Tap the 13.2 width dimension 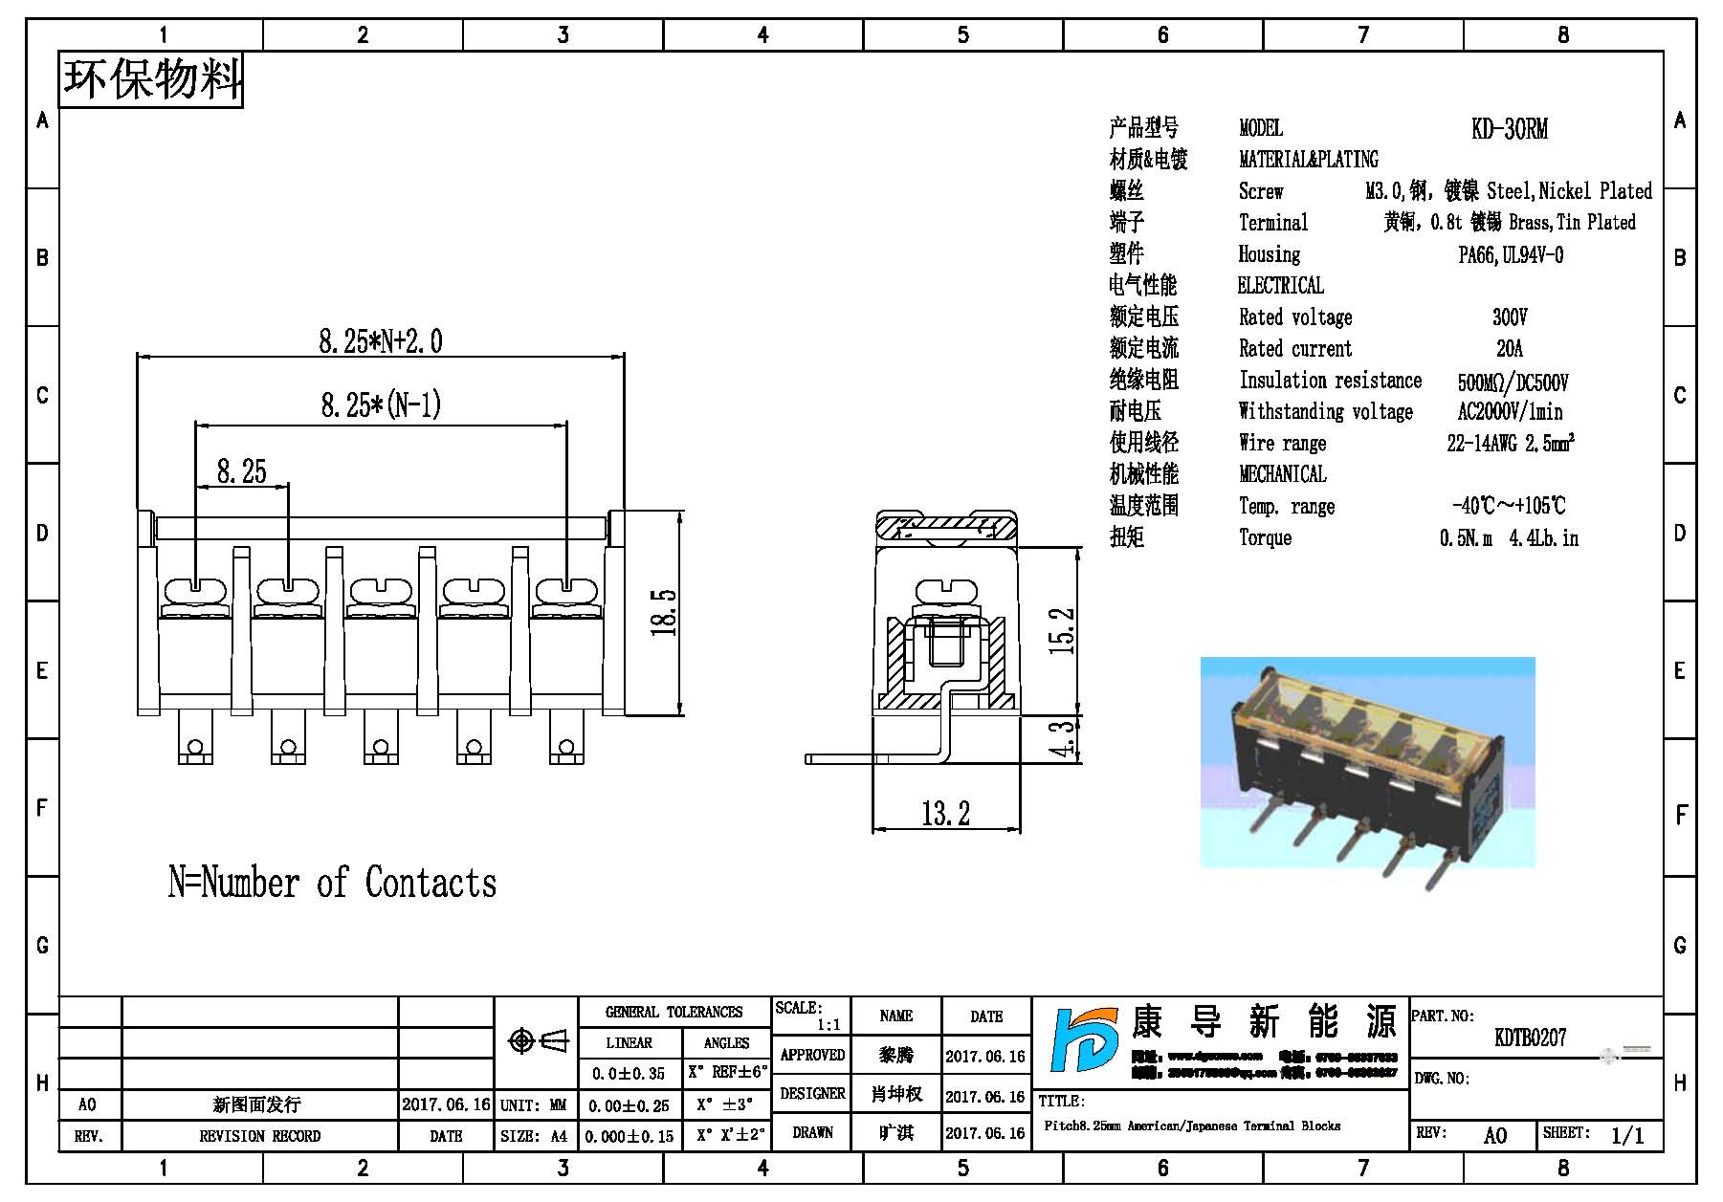[945, 814]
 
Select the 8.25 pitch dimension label [241, 471]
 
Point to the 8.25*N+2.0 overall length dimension [380, 341]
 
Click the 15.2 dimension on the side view [1063, 631]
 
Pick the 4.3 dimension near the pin [1063, 739]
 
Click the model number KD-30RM [1509, 129]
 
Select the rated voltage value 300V [1509, 317]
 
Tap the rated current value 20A [1509, 348]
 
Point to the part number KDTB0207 [1530, 1038]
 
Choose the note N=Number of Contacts [332, 883]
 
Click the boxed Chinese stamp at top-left [151, 79]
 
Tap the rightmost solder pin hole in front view [566, 747]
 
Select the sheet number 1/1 [1626, 1135]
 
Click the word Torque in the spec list [1265, 537]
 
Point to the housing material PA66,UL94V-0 [1511, 255]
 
